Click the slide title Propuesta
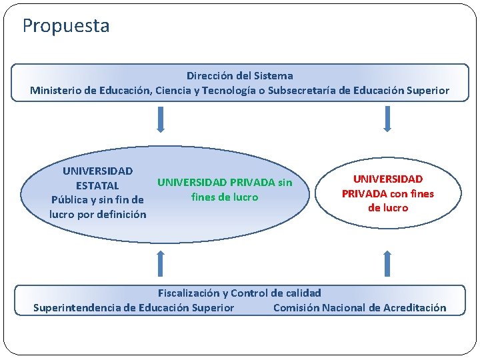[66, 26]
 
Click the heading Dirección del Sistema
[239, 76]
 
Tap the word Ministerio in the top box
[57, 91]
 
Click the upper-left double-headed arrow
[160, 120]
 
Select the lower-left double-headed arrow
[160, 263]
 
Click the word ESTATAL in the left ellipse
[97, 185]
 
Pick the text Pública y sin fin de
[97, 200]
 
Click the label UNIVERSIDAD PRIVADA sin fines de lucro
[225, 189]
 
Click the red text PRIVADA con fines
[387, 193]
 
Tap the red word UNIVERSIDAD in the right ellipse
[387, 179]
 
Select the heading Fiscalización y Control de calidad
[239, 293]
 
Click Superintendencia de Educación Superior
[133, 308]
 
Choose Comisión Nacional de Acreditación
[359, 308]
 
